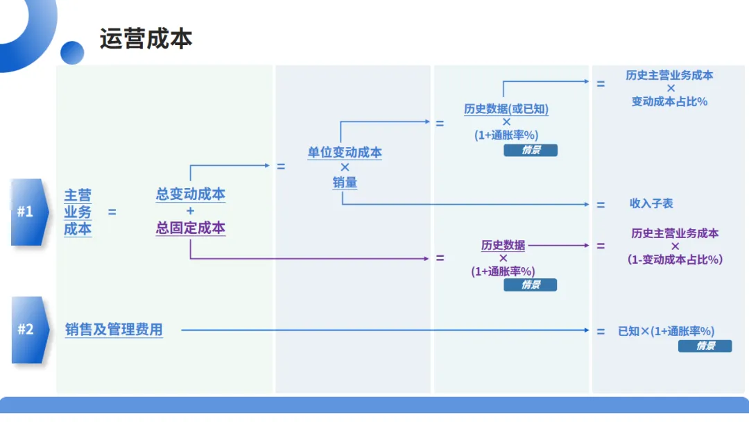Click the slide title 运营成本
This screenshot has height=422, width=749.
click(146, 39)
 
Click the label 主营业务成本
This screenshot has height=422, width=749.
click(78, 212)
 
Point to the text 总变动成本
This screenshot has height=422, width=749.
click(191, 194)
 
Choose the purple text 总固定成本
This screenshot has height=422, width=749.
click(191, 228)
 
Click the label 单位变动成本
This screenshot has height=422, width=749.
click(345, 153)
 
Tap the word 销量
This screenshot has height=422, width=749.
click(345, 183)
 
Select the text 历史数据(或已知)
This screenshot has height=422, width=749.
click(506, 109)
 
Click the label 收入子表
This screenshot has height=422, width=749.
click(651, 203)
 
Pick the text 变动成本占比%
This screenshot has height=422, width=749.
click(669, 101)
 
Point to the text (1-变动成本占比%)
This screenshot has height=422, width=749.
click(675, 259)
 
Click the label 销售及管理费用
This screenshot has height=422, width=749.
click(114, 330)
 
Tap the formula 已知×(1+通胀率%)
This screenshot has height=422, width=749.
click(666, 331)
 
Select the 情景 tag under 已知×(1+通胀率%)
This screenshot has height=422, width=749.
click(705, 346)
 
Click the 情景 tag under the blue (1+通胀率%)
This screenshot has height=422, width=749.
click(531, 150)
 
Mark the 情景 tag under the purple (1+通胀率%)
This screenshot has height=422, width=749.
click(531, 285)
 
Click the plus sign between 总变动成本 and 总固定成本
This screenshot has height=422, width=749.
click(191, 211)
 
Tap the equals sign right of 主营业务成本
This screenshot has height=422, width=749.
click(112, 212)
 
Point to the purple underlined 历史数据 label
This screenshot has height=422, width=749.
click(503, 245)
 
